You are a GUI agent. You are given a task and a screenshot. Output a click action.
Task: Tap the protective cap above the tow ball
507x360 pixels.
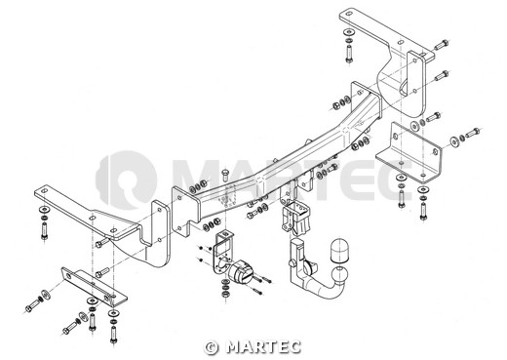point(339,251)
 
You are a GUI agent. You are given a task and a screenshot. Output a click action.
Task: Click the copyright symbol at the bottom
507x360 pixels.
point(212,347)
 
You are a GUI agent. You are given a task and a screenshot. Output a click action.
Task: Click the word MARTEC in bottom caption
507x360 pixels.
point(263,347)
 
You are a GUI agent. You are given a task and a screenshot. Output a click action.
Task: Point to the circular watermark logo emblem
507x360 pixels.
point(127,180)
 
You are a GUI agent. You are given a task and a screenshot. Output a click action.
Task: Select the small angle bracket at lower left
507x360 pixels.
point(95,287)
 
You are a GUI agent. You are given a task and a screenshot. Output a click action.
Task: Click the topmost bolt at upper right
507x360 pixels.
point(442,45)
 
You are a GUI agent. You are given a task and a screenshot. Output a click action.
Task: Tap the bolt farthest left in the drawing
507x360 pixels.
point(33,304)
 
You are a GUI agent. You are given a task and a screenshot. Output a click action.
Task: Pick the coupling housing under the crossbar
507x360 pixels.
point(295,217)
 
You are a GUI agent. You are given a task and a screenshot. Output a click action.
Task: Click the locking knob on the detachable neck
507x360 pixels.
point(292,262)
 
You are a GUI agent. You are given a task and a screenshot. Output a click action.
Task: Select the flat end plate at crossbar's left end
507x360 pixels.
point(185,212)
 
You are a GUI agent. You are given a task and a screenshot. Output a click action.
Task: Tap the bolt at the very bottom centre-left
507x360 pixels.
point(113,335)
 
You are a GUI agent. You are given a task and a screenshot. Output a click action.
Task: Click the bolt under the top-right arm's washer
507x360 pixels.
point(349,55)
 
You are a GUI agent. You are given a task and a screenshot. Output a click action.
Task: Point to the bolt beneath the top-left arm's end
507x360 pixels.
point(44,231)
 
